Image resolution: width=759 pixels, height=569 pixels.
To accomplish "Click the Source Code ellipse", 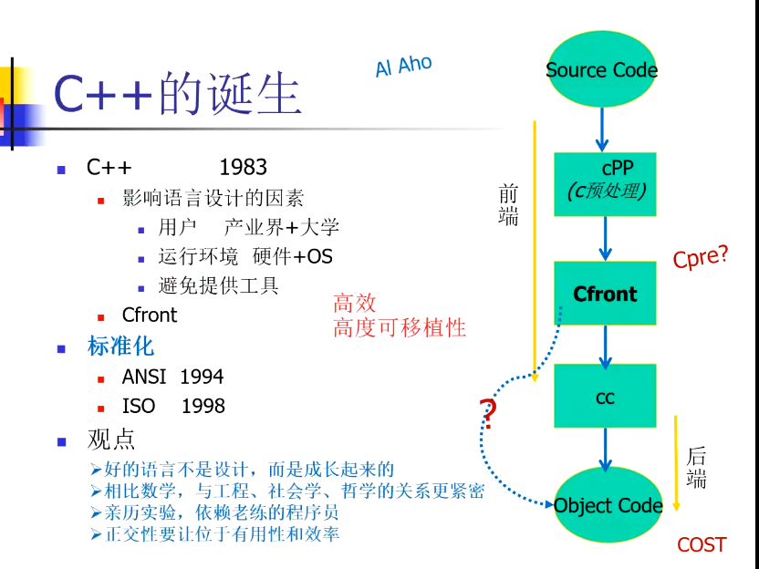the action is (602, 69).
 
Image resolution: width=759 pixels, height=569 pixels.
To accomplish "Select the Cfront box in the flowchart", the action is (605, 294).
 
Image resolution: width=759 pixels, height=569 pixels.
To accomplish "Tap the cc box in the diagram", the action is (605, 397).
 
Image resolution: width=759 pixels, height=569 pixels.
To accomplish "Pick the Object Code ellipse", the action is (608, 504).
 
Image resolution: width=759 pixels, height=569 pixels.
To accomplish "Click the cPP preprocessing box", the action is (605, 184).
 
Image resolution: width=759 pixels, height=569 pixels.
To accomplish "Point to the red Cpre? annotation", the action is (701, 256).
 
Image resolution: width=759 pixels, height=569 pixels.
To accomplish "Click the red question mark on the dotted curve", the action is (488, 414).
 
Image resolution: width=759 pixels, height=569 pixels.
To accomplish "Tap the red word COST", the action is (702, 544).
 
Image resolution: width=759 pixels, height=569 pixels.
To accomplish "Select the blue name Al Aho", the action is (404, 67).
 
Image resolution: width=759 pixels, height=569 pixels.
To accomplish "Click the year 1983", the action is (243, 168).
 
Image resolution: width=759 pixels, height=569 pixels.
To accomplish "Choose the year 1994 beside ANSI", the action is (202, 377).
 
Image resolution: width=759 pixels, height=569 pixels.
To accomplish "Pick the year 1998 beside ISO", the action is (203, 407).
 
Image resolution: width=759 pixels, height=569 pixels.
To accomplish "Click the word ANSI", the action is (144, 377).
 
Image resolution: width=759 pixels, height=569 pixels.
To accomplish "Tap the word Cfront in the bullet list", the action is (150, 315).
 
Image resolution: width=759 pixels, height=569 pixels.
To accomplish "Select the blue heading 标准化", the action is (120, 347).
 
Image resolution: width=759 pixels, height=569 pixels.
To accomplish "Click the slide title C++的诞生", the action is (178, 93).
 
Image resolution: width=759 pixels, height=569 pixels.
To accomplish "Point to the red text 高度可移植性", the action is (400, 327).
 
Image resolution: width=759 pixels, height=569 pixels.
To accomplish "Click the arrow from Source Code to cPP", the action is (602, 129).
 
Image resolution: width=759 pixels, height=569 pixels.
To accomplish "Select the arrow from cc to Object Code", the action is (605, 450).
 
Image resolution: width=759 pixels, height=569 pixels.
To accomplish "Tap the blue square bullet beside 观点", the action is (61, 441).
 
